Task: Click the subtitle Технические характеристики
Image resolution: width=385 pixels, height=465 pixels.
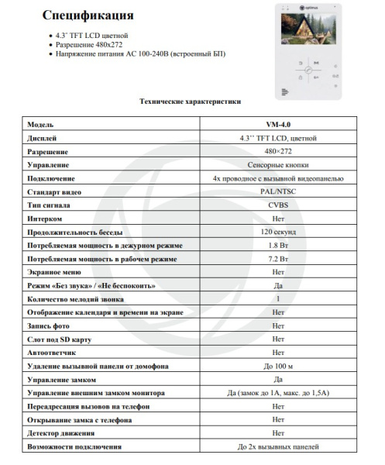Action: pos(189,102)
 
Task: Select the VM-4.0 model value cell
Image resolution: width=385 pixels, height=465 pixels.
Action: pos(277,124)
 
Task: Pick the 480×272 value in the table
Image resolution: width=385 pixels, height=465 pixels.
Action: pos(277,151)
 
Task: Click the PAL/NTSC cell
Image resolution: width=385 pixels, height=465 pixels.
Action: pos(277,191)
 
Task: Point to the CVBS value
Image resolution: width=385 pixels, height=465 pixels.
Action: pos(277,205)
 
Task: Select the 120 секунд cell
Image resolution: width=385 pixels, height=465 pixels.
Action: pos(277,232)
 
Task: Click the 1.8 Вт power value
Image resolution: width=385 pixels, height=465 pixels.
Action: pos(277,245)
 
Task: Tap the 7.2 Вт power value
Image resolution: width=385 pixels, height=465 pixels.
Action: pos(277,259)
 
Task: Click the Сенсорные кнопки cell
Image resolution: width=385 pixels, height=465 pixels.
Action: pos(277,164)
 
